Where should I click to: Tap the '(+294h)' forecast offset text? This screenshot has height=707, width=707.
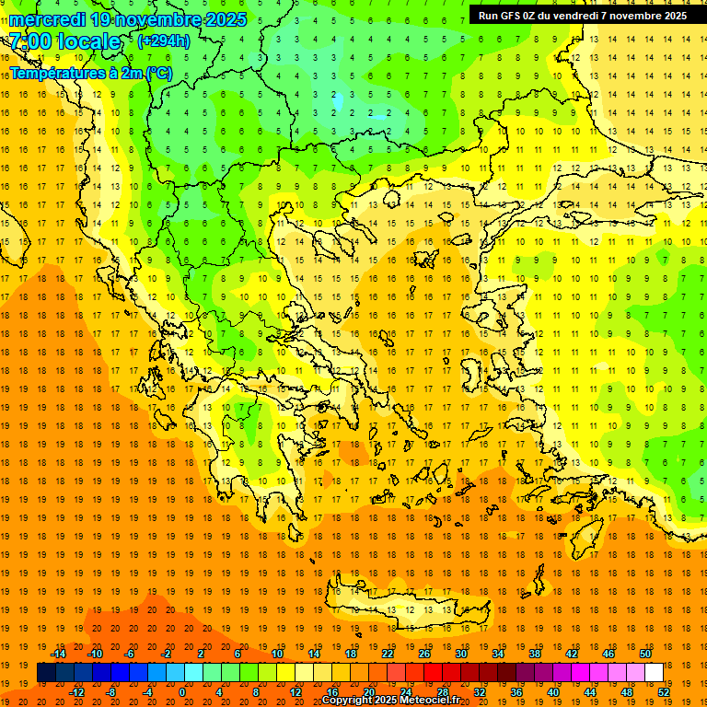point(164,41)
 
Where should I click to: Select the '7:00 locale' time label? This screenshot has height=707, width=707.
point(65,42)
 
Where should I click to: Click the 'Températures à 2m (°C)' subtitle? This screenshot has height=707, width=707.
point(90,72)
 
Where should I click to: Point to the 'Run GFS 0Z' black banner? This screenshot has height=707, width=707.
point(582,16)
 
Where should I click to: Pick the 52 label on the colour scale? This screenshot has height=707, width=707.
point(664,692)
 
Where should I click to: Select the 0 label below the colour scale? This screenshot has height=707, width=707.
point(182,692)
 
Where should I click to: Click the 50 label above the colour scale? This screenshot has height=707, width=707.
point(644,654)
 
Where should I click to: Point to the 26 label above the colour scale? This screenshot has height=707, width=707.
point(424,654)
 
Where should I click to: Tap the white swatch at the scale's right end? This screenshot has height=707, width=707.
point(654,672)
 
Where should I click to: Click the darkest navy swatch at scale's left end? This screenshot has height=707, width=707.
point(46,672)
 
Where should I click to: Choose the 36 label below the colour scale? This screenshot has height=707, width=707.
point(516,692)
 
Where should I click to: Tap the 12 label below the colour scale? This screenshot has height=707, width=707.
point(296,692)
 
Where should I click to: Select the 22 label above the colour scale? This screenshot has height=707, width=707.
point(388,654)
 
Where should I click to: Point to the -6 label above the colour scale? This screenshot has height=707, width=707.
point(130,654)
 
